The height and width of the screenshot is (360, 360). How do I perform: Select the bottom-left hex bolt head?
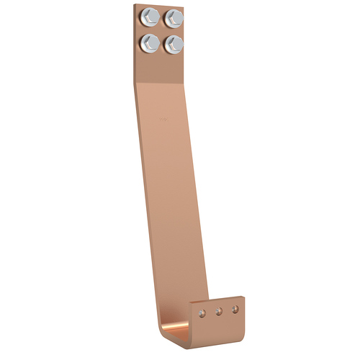(x=150, y=42)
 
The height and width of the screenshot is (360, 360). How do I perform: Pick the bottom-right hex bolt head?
(x=174, y=43)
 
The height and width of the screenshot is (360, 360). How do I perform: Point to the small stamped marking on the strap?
(x=163, y=114)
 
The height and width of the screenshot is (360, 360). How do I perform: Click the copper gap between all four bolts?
(x=161, y=30)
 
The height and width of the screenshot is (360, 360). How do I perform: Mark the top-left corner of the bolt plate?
(x=135, y=5)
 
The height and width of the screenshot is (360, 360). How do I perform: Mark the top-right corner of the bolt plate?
(x=186, y=6)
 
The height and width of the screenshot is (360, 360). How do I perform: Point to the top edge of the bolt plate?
(x=160, y=5)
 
